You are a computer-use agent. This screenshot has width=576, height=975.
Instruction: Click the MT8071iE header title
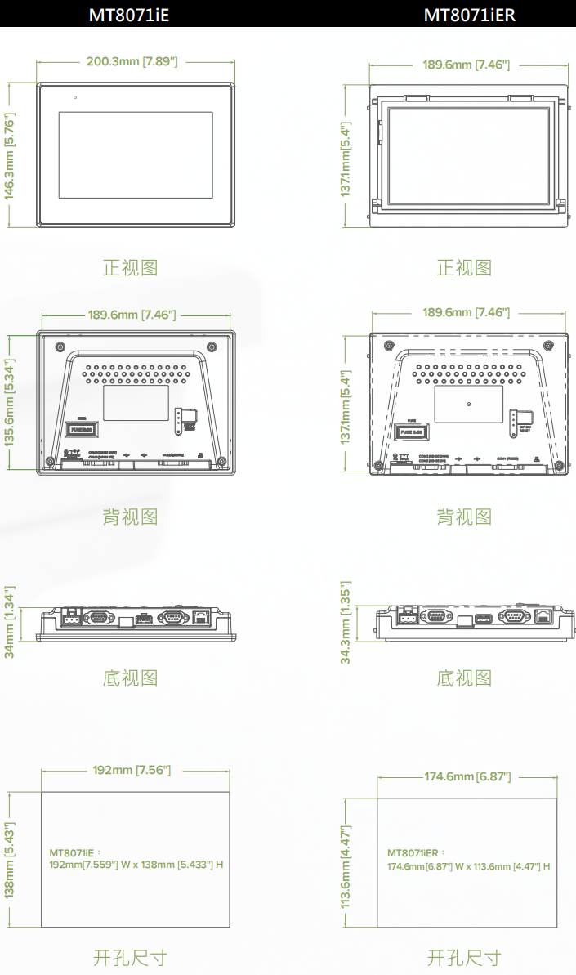pos(129,14)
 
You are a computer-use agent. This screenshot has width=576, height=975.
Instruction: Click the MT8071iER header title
pos(470,14)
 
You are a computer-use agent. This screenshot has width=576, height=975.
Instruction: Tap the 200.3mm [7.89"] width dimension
pos(132,61)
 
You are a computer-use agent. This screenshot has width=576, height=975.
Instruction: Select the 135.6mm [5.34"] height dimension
pos(10,401)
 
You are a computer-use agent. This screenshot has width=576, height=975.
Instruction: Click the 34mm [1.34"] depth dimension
pos(10,621)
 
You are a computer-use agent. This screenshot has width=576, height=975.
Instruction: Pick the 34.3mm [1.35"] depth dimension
pos(345,622)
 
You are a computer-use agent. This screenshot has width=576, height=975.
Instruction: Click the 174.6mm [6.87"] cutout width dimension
pos(467,776)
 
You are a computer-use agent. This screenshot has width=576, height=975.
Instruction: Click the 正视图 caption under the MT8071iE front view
pos(130,267)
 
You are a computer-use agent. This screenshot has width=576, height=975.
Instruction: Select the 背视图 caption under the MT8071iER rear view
pos(464,517)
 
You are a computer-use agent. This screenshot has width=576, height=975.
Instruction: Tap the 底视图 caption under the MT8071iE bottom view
pos(130,678)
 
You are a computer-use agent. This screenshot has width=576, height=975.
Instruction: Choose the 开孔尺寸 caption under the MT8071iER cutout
pos(464,957)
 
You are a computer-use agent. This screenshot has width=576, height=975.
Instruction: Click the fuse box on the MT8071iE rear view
pos(82,428)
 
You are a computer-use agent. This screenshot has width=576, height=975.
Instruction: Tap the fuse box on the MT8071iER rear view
pos(413,431)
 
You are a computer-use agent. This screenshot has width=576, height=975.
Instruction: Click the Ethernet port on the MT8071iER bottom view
pos(542,617)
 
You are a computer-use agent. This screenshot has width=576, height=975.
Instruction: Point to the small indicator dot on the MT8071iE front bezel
pos(74,98)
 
